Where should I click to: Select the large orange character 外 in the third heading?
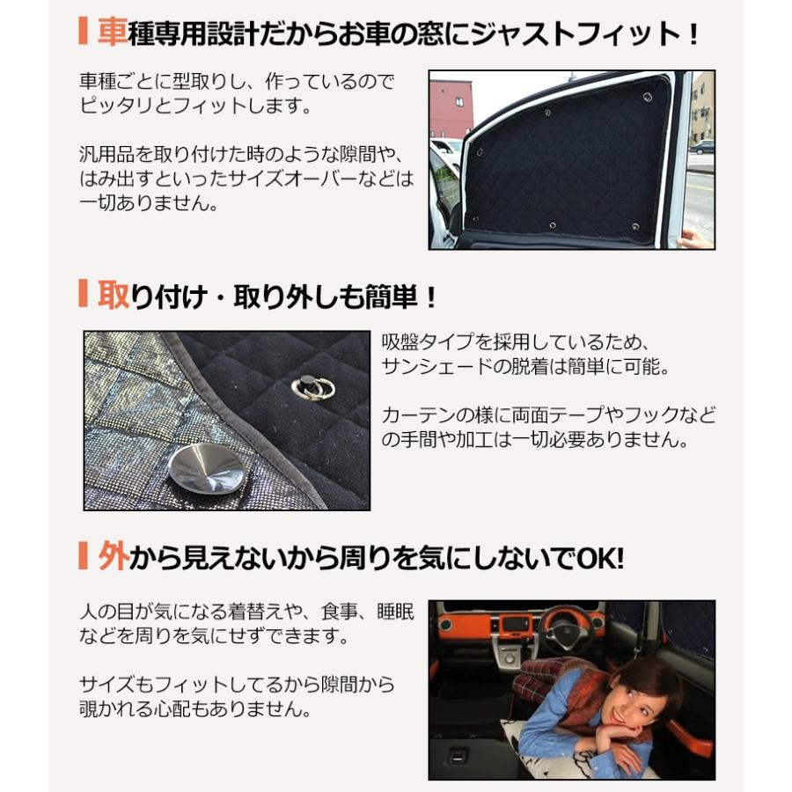coord(113,556)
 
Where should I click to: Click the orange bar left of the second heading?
coord(84,294)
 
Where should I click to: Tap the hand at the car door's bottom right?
coord(696,238)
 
